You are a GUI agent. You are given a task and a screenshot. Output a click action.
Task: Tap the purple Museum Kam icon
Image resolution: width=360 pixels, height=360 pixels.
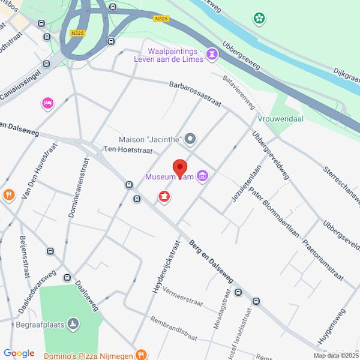pyautogui.click(x=203, y=176)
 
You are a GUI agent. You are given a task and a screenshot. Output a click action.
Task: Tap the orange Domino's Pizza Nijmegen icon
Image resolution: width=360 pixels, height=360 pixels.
pyautogui.click(x=140, y=354)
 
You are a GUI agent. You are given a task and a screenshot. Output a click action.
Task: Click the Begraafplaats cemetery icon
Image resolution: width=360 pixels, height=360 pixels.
pyautogui.click(x=73, y=324)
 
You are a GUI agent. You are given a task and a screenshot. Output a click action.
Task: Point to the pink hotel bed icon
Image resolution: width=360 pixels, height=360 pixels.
pyautogui.click(x=47, y=103)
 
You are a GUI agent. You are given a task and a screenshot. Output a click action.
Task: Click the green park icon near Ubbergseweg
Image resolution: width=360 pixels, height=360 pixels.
pyautogui.click(x=259, y=19)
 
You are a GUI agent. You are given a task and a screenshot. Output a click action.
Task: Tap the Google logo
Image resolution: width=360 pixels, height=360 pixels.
pyautogui.click(x=19, y=353)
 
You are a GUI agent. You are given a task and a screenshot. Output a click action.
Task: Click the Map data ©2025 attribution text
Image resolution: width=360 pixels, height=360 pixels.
pyautogui.click(x=335, y=355)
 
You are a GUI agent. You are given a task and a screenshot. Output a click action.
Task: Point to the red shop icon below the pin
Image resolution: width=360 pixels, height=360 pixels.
pyautogui.click(x=163, y=196)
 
